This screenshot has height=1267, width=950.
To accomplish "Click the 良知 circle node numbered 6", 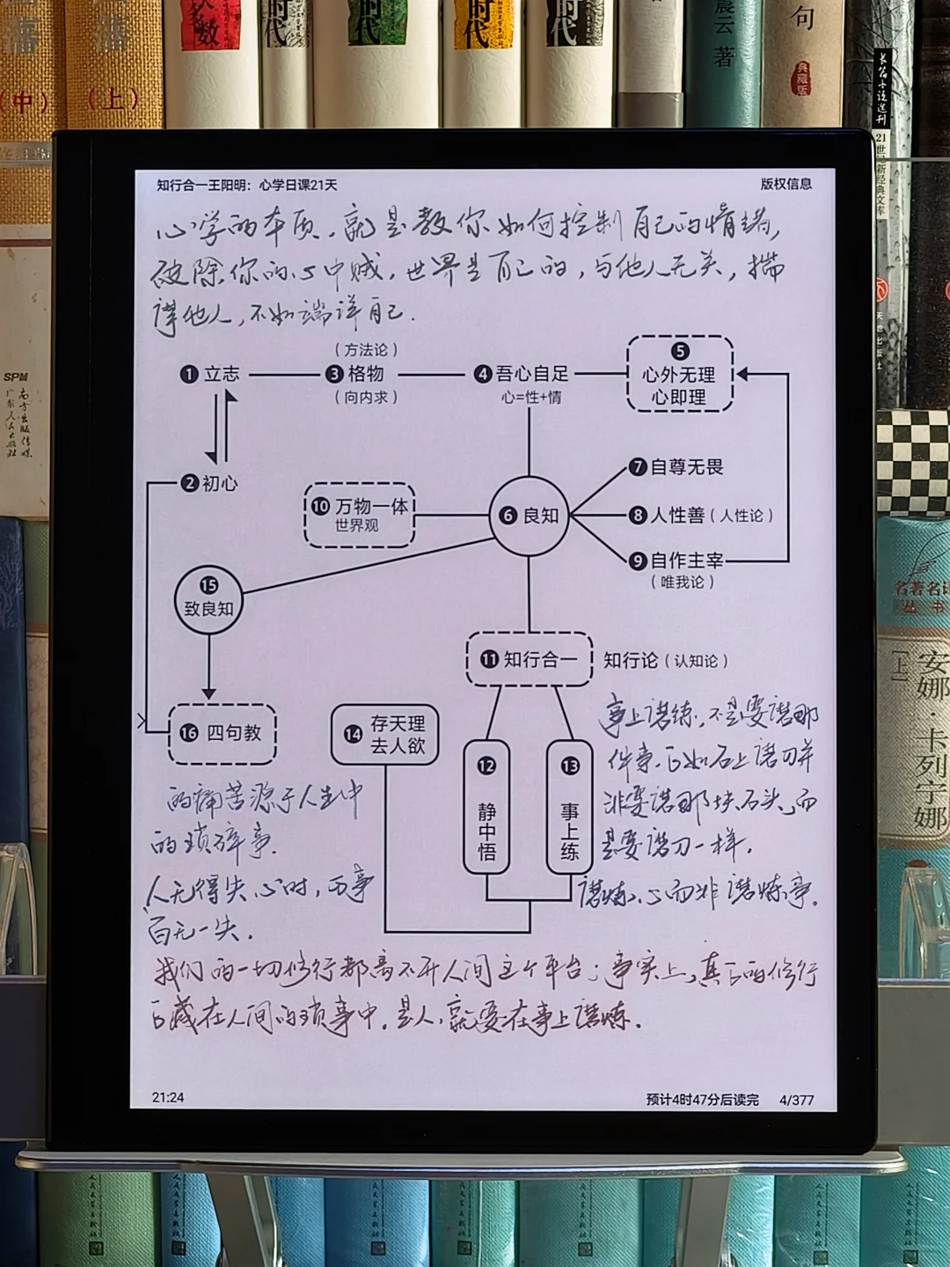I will click(529, 516).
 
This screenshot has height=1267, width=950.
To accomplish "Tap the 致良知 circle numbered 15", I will click(208, 598).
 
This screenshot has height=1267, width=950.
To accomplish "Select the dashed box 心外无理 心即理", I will click(679, 374).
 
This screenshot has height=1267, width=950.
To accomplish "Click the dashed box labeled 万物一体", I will click(359, 515).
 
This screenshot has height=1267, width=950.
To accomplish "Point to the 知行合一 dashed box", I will click(529, 659).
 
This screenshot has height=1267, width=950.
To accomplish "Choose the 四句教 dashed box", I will click(223, 733).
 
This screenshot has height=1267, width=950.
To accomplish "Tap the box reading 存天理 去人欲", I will click(385, 734).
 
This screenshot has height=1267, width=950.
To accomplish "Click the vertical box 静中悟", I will click(486, 818).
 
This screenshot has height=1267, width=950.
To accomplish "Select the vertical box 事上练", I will click(569, 818).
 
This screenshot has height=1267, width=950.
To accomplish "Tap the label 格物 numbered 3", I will click(355, 374).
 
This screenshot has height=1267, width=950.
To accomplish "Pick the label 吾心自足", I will click(522, 374).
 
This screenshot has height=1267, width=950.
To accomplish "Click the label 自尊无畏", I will click(677, 467).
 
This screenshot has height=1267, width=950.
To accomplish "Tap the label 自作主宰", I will click(677, 560).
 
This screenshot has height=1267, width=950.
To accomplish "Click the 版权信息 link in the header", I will click(786, 184).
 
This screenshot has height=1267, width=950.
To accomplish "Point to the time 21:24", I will click(168, 1097).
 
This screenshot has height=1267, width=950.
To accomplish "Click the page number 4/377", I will click(796, 1100).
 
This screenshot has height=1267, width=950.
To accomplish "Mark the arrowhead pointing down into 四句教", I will click(208, 692).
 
